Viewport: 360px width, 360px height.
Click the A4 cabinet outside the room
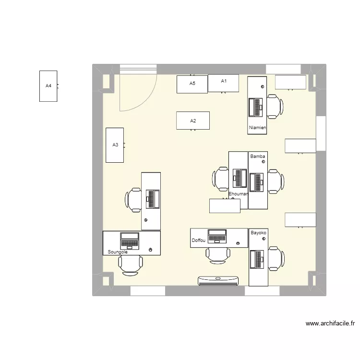[x=48, y=86]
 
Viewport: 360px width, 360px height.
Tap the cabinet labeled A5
[x=192, y=84]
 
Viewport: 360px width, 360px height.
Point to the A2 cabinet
[x=193, y=120]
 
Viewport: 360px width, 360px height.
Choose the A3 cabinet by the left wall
[x=115, y=145]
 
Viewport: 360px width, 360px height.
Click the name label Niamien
[x=257, y=128]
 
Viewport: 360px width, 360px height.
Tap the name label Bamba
[x=258, y=156]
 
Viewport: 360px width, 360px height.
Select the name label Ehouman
[x=239, y=194]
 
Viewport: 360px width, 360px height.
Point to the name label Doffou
[x=198, y=240]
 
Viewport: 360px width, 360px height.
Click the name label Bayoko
[x=258, y=233]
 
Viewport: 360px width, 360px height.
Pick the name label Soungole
[x=118, y=252]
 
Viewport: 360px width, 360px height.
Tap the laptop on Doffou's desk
[x=217, y=237]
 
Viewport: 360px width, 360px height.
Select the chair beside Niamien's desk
[x=275, y=106]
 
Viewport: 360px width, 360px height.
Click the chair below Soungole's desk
[x=131, y=264]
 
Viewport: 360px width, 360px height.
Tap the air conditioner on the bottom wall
[x=219, y=281]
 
